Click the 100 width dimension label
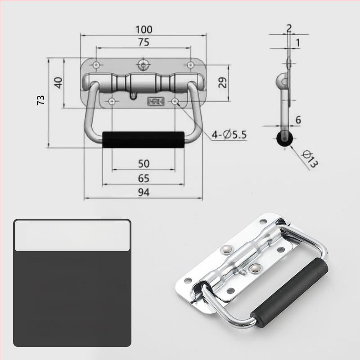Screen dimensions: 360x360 pyautogui.click(x=144, y=30)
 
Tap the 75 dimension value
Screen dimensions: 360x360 pyautogui.click(x=144, y=42)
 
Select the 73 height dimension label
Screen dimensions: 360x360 pyautogui.click(x=41, y=100)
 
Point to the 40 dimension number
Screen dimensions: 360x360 pyautogui.click(x=58, y=83)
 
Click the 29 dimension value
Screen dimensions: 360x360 pyautogui.click(x=222, y=83)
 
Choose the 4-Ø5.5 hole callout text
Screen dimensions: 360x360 pyautogui.click(x=229, y=135)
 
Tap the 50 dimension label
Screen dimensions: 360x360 pyautogui.click(x=144, y=164)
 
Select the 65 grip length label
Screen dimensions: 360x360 pyautogui.click(x=144, y=178)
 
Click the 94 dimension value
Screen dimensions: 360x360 pyautogui.click(x=144, y=193)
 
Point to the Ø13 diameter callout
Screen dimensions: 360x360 pyautogui.click(x=310, y=159)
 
